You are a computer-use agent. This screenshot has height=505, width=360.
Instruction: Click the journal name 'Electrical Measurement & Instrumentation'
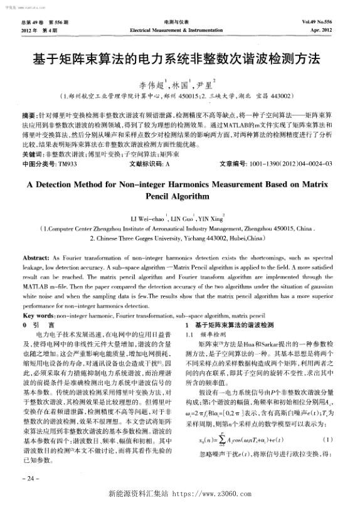pos(180,29)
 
